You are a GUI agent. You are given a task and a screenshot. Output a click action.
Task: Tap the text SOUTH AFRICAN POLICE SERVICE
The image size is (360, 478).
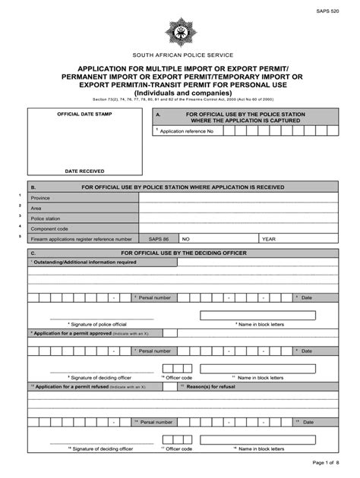pyautogui.click(x=179, y=56)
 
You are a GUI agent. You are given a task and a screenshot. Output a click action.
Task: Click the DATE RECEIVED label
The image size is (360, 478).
pyautogui.click(x=84, y=171)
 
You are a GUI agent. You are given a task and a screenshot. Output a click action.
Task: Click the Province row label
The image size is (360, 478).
pyautogui.click(x=42, y=197)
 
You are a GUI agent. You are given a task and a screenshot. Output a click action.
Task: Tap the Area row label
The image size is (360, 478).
pyautogui.click(x=36, y=207)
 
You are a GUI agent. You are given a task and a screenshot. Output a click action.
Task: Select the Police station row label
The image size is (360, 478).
pyautogui.click(x=46, y=218)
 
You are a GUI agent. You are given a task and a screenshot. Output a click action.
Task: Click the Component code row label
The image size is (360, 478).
pyautogui.click(x=49, y=228)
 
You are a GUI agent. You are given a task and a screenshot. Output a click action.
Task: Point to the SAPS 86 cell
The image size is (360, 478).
pyautogui.click(x=159, y=238)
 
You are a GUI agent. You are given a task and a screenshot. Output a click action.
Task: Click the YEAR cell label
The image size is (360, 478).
pyautogui.click(x=268, y=238)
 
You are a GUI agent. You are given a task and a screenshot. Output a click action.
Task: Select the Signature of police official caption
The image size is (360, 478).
pyautogui.click(x=97, y=324)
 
